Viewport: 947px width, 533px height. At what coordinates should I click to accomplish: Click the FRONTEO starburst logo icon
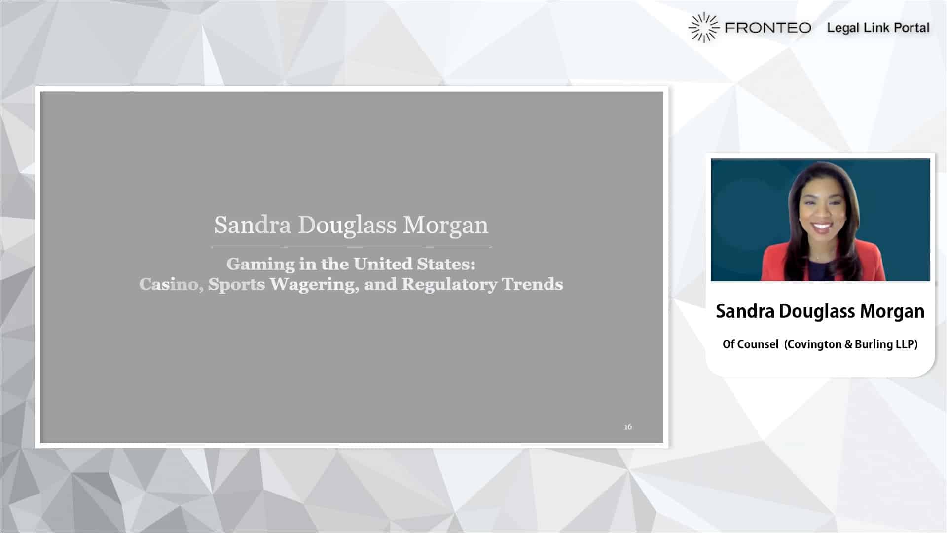[704, 28]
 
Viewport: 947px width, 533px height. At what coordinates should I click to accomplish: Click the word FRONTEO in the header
[768, 28]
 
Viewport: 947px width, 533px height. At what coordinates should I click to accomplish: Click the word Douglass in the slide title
[347, 225]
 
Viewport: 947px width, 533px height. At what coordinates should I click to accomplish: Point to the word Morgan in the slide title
[445, 225]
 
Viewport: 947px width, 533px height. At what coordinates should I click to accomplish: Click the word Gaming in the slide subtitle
[260, 265]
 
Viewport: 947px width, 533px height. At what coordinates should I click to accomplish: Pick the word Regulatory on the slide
[449, 285]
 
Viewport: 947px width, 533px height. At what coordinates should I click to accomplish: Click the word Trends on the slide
[532, 284]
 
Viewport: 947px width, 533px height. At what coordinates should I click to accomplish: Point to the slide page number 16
[628, 427]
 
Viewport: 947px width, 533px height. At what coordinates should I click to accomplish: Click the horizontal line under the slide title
[351, 247]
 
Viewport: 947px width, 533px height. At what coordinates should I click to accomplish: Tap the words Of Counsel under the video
[750, 344]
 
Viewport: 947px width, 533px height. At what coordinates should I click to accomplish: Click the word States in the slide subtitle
[446, 264]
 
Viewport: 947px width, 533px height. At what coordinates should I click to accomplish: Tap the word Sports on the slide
[237, 285]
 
